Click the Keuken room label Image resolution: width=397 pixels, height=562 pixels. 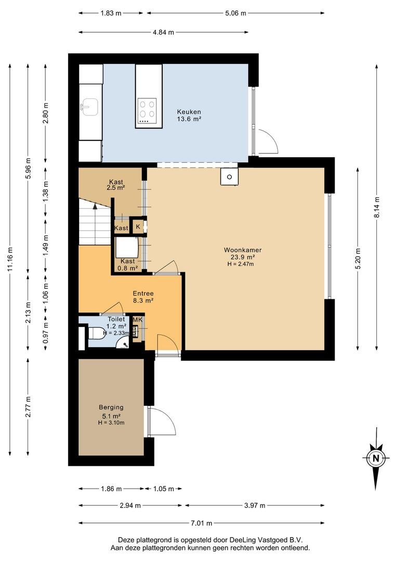pyautogui.click(x=189, y=112)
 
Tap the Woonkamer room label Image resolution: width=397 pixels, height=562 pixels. pyautogui.click(x=243, y=250)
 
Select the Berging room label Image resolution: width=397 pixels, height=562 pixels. pyautogui.click(x=111, y=407)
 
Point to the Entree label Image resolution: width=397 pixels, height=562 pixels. pyautogui.click(x=143, y=293)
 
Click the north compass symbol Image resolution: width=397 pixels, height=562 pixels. pyautogui.click(x=376, y=458)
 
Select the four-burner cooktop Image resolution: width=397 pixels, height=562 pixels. pyautogui.click(x=148, y=109)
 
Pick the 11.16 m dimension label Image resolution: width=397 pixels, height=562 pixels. pyautogui.click(x=10, y=260)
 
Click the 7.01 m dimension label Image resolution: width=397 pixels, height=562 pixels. pyautogui.click(x=202, y=523)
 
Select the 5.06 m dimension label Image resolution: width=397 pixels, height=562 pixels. pyautogui.click(x=235, y=13)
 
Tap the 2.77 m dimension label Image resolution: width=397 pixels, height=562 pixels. pyautogui.click(x=28, y=407)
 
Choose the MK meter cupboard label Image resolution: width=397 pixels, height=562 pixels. pyautogui.click(x=137, y=320)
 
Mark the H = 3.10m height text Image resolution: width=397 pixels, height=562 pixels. pyautogui.click(x=111, y=423)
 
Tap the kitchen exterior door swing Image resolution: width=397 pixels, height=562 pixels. pyautogui.click(x=272, y=138)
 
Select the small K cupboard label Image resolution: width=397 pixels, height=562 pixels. pyautogui.click(x=138, y=226)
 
